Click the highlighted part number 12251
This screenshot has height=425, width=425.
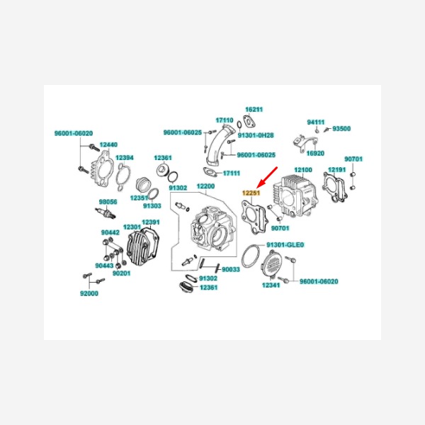click(x=251, y=193)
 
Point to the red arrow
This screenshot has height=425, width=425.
click(x=267, y=177)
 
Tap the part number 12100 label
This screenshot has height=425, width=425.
click(x=303, y=170)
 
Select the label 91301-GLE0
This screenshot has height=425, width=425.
click(x=285, y=245)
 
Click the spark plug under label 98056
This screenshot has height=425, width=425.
click(x=106, y=212)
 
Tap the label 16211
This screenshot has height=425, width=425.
click(x=254, y=110)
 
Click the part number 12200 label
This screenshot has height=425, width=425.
click(x=205, y=186)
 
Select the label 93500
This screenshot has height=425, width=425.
click(x=341, y=129)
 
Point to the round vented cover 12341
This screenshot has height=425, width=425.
click(x=271, y=264)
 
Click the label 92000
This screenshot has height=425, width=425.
click(x=89, y=293)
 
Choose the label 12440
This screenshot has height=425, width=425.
click(x=108, y=144)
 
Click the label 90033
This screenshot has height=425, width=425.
click(x=231, y=269)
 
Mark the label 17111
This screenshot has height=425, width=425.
click(x=232, y=174)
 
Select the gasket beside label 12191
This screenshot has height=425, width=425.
click(x=334, y=187)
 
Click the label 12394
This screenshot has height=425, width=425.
click(x=125, y=158)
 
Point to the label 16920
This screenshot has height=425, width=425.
click(x=315, y=154)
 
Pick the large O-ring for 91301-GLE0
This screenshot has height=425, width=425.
click(x=250, y=256)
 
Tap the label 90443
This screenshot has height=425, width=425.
click(x=104, y=266)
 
